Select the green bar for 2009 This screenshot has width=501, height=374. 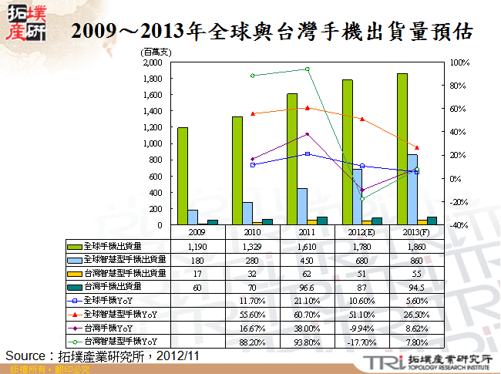coord(183,176)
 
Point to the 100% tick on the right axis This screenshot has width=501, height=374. coord(455,62)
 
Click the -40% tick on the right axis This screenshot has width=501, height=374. coord(455,225)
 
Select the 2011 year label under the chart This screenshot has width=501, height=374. coord(307,231)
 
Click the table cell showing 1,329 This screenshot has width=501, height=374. coord(252,245)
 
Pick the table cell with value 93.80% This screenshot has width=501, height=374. coord(307,340)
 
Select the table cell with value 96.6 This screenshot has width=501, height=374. coord(307,286)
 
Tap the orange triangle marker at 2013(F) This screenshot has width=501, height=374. coord(417,147)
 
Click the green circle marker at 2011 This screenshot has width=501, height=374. coord(308,69)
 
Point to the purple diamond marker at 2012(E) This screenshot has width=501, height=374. coord(362,190)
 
